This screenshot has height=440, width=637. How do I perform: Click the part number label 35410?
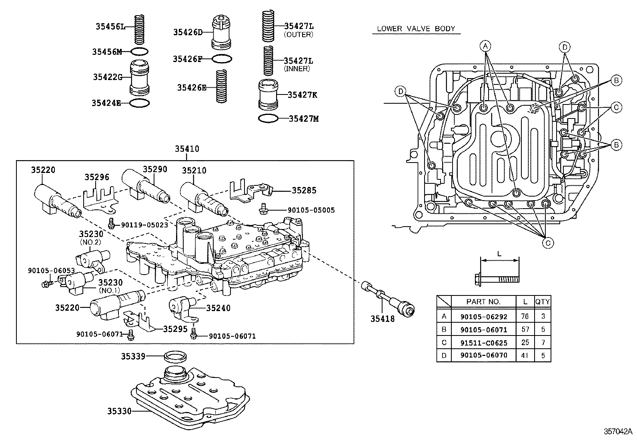pos(186,149)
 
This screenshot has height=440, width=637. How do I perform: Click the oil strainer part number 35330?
pos(119,411)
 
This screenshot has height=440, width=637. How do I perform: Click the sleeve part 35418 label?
pos(382,319)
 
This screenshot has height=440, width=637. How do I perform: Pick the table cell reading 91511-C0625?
pos(484,343)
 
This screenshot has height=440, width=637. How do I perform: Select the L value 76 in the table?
pos(525,316)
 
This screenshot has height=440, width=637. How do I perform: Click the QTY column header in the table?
pos(543,301)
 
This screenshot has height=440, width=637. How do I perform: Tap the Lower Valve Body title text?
pos(416,29)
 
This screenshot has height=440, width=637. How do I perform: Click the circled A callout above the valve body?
pos(485,46)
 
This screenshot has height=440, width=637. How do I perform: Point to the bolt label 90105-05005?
pos(311,210)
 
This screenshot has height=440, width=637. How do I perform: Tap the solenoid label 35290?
pos(155,169)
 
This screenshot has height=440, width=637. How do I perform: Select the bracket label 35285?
pos(304,191)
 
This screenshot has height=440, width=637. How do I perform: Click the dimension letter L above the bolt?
pos(499,254)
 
